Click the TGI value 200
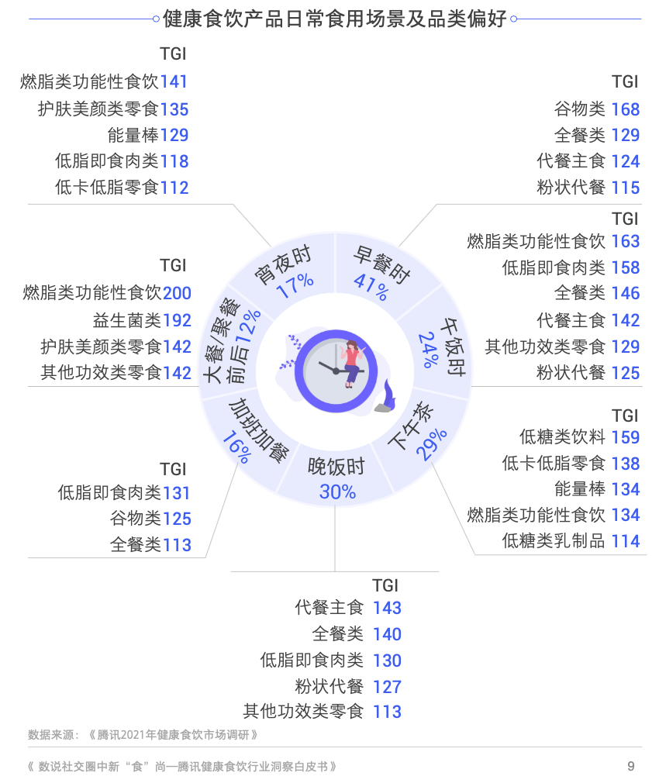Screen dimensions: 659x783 tap(177, 293)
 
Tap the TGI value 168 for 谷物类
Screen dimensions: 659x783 tap(626, 109)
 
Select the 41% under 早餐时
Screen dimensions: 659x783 tap(371, 287)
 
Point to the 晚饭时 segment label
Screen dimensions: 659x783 tap(336, 467)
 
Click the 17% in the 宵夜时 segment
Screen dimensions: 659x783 tap(295, 285)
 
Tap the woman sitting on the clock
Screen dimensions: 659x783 tap(353, 363)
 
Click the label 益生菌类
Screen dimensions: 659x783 tap(127, 320)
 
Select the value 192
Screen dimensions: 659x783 tap(177, 321)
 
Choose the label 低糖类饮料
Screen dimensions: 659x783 tap(562, 437)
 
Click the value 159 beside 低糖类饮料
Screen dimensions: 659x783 tap(626, 437)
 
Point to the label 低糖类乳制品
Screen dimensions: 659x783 tap(554, 541)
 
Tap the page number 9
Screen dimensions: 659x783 tap(631, 766)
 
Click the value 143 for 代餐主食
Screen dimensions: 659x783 tap(388, 608)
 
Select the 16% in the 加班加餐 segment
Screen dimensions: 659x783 tap(236, 447)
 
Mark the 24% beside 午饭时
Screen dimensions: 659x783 tap(429, 350)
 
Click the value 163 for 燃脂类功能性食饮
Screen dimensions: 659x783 tap(626, 241)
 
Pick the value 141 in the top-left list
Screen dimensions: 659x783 tap(174, 81)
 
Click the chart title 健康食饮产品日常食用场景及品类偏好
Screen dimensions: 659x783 tap(335, 19)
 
